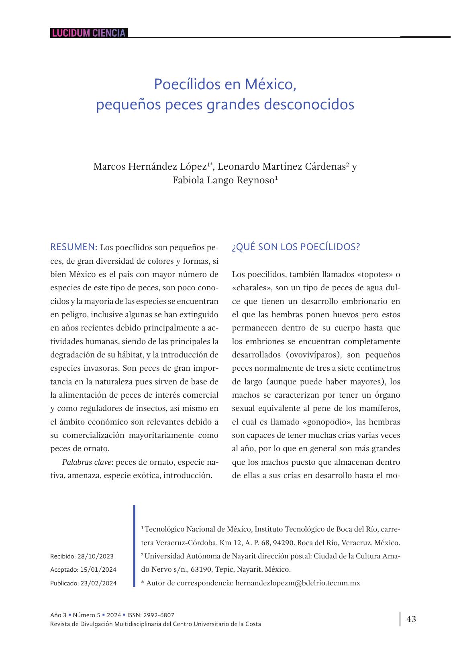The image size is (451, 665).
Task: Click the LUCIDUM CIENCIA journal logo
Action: (x=89, y=33)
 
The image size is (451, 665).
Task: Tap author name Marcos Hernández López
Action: (x=150, y=166)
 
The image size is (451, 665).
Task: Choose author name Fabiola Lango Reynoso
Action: (x=223, y=180)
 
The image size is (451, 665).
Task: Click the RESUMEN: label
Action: (x=73, y=247)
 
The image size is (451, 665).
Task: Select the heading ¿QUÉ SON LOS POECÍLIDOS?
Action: (x=296, y=247)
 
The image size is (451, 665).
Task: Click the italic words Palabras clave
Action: (x=86, y=462)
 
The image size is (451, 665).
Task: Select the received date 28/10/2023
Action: (x=95, y=556)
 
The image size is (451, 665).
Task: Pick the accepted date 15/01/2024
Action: (x=98, y=570)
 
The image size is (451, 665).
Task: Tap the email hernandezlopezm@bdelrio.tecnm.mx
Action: (x=298, y=583)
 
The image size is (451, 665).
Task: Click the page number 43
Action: (x=411, y=619)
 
